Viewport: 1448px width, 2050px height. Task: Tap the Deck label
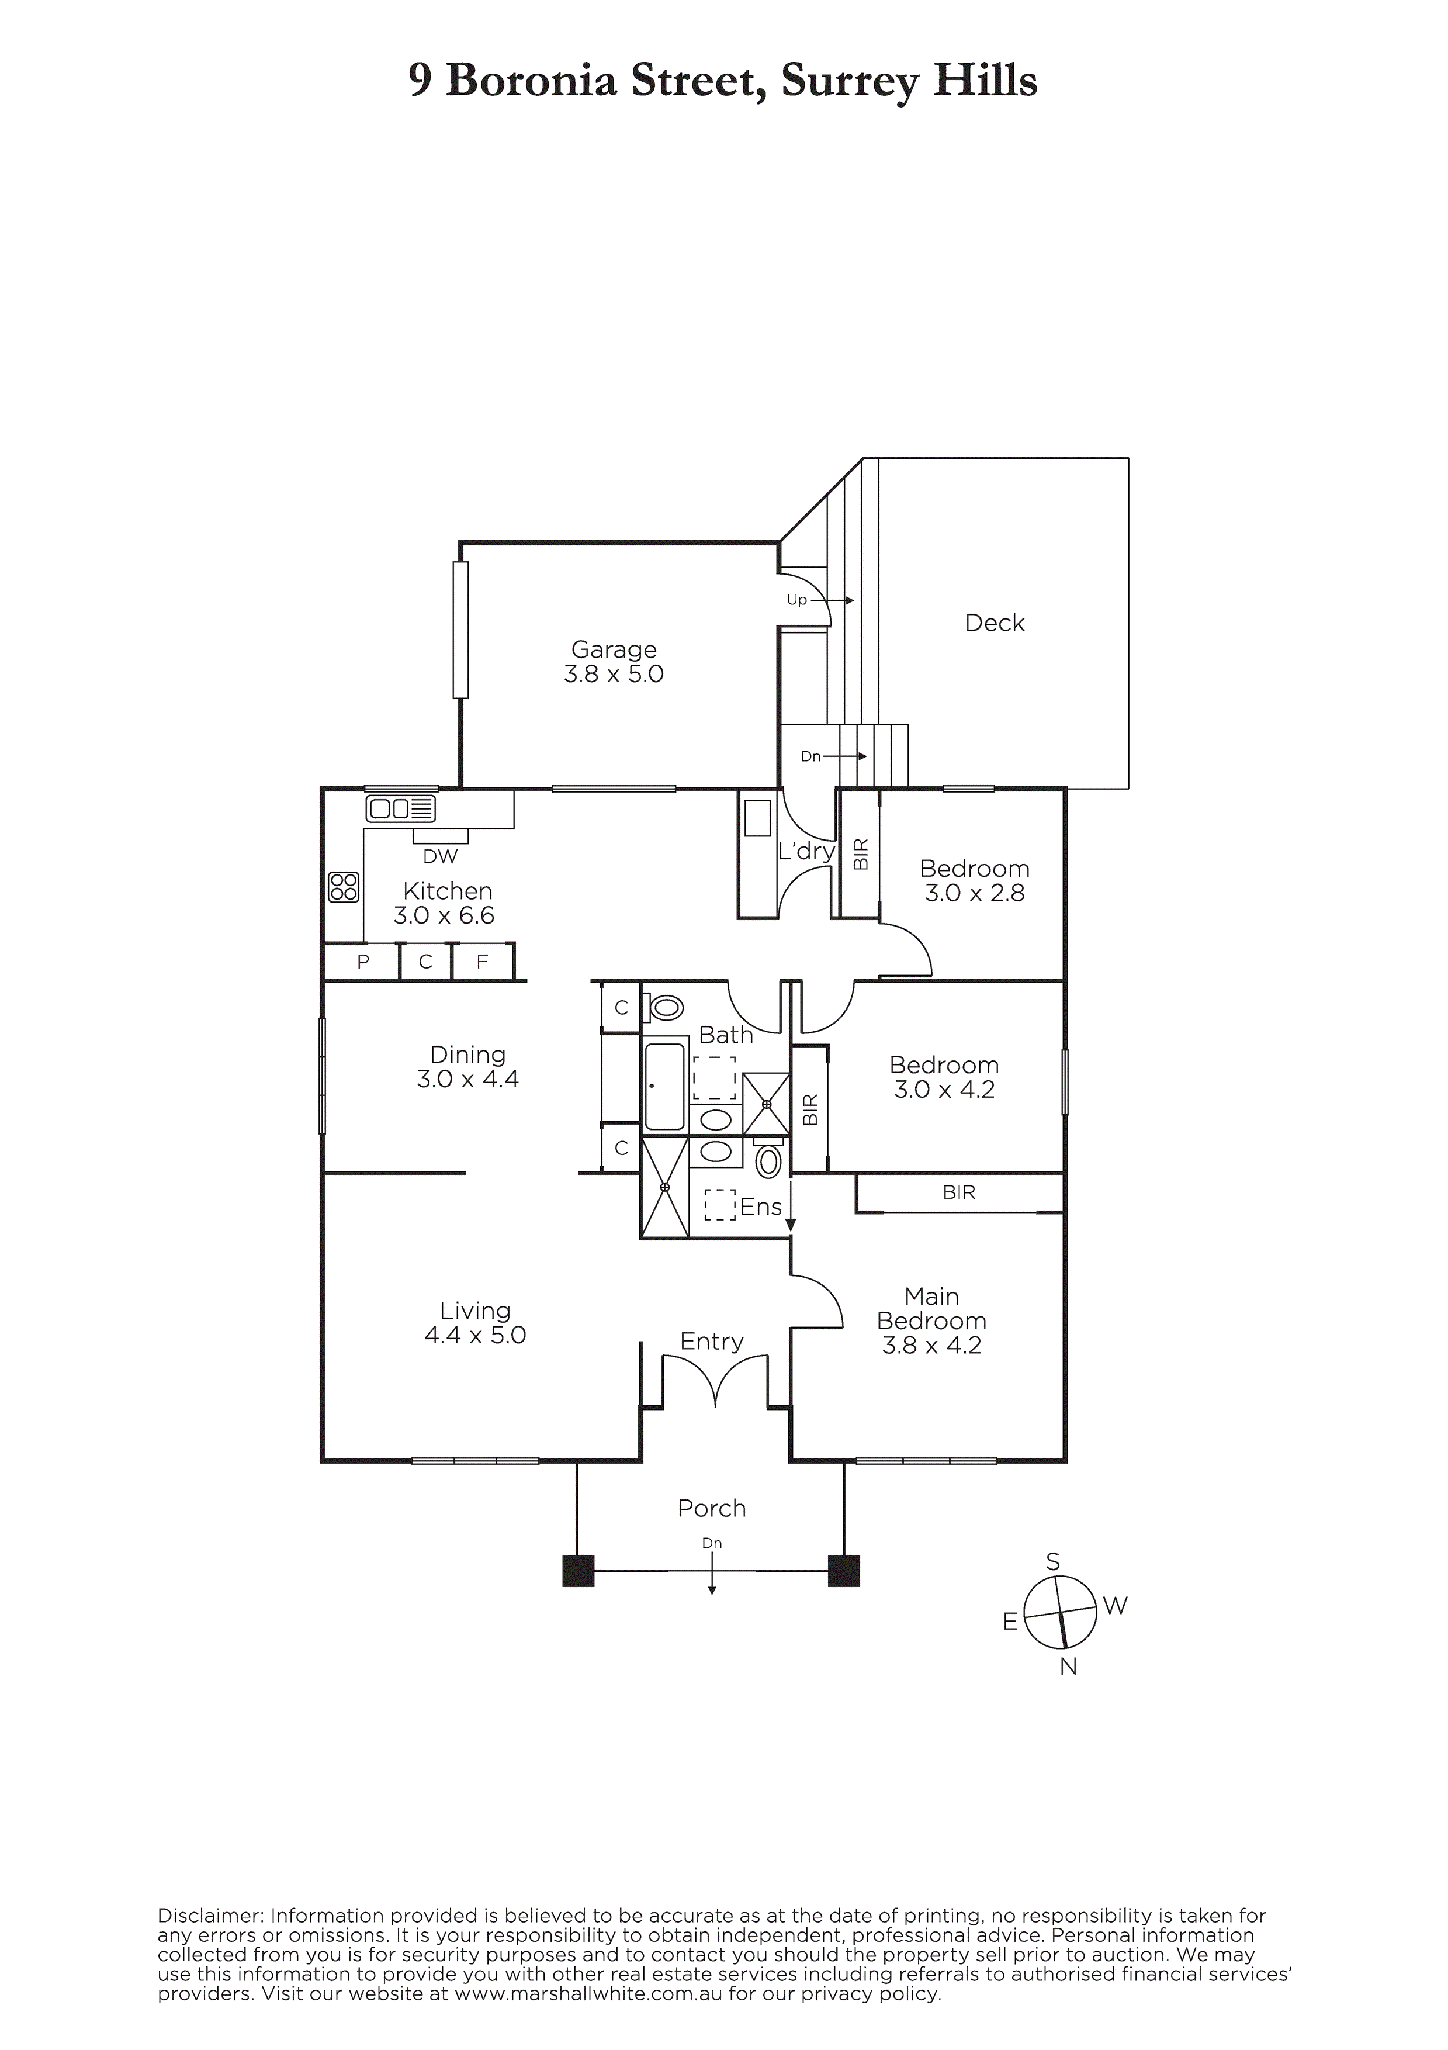click(995, 623)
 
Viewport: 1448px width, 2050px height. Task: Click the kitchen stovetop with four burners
click(344, 887)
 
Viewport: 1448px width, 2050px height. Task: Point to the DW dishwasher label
click(440, 856)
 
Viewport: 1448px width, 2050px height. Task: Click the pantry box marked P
click(362, 962)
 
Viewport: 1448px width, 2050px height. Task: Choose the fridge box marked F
click(483, 962)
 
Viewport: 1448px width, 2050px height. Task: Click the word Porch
click(712, 1509)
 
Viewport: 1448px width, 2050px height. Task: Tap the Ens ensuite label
click(761, 1207)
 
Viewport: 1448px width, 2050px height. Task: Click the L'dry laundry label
click(806, 851)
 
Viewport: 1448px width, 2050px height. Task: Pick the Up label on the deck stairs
click(796, 600)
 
